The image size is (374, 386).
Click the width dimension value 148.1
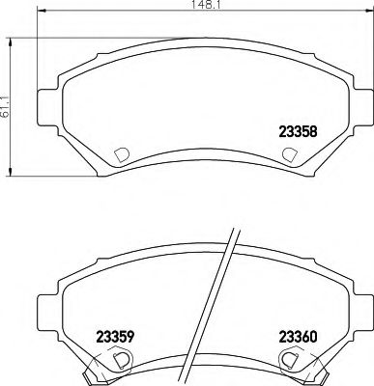[200, 7]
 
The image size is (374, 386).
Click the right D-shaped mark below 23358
[288, 153]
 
